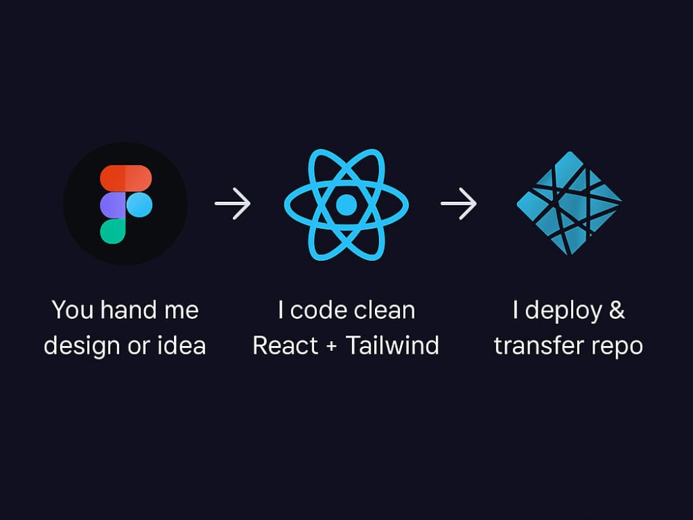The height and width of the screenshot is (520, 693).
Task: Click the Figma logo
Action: [x=126, y=204]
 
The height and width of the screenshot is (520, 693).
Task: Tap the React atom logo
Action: [x=346, y=205]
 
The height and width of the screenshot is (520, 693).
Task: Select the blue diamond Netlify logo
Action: [x=569, y=203]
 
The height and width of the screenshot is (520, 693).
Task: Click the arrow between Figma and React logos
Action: [x=232, y=203]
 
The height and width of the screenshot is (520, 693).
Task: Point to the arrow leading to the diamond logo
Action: [x=459, y=203]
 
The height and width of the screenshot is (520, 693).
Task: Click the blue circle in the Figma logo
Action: [x=139, y=205]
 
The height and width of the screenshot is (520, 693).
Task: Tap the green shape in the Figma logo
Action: [x=113, y=232]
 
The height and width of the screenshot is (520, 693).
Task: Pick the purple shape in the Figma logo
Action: [x=113, y=205]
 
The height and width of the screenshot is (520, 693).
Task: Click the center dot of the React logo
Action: [x=346, y=205]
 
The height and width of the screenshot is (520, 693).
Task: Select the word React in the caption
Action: [x=285, y=345]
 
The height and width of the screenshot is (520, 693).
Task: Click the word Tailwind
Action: [x=392, y=345]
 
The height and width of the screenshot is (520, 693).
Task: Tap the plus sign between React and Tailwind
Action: [x=331, y=347]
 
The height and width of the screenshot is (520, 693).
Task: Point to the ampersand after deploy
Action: [x=617, y=309]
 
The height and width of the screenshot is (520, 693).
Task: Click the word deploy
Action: [x=563, y=311]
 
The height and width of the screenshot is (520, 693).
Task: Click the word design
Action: [x=82, y=347]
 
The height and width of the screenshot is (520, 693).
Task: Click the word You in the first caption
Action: [x=73, y=309]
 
